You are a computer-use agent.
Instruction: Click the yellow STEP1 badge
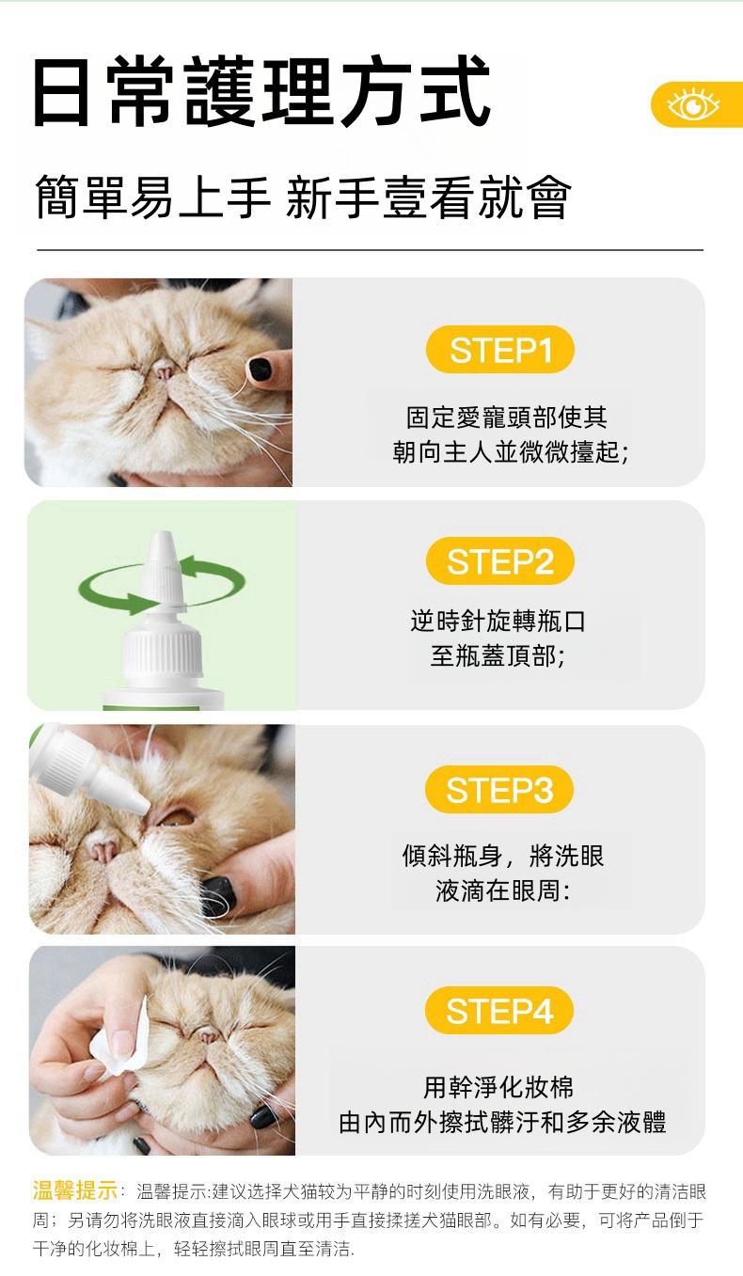(x=499, y=349)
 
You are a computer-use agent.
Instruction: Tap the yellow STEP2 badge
(x=499, y=561)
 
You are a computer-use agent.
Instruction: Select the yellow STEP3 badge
(x=499, y=790)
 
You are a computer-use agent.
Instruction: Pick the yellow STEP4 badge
(x=499, y=1010)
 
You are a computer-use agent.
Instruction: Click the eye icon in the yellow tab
(x=693, y=104)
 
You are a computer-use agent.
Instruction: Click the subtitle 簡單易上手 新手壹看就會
(x=303, y=197)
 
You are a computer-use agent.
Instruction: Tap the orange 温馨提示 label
(x=74, y=1190)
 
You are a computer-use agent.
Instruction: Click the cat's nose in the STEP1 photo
(x=164, y=370)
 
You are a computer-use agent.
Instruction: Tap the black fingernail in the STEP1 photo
(x=260, y=370)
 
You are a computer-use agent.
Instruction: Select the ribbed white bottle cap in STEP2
(x=163, y=650)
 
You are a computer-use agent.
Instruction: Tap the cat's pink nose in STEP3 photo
(x=103, y=851)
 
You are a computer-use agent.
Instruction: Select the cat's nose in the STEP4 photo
(x=208, y=1035)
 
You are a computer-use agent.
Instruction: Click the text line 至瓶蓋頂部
(x=497, y=655)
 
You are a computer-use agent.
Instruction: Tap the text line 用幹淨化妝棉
(x=498, y=1087)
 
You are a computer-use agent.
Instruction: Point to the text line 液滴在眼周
(x=502, y=890)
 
